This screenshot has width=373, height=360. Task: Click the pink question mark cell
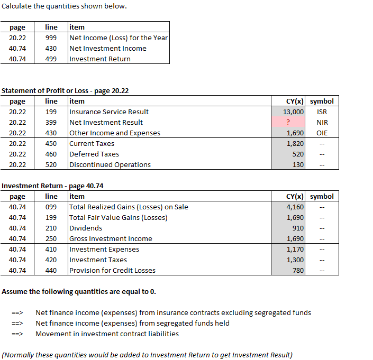(289, 122)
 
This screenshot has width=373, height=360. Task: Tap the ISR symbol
(322, 112)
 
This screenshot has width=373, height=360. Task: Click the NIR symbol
(322, 122)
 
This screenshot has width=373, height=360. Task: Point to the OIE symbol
(322, 133)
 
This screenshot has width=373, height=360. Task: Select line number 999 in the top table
(51, 38)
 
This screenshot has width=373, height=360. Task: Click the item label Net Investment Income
(108, 48)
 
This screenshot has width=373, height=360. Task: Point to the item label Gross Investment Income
(111, 238)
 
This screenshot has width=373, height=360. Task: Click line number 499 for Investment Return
(51, 59)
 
